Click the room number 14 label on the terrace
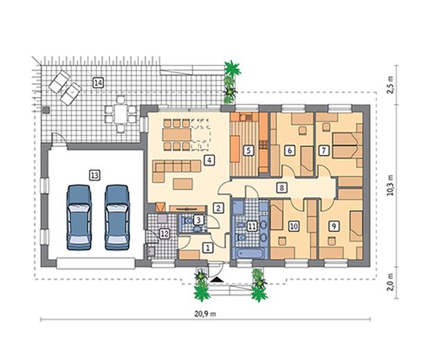pos(98,82)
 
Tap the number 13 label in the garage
pos(94,175)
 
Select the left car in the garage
pos(79,217)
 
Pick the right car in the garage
pos(117,217)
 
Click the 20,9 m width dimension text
pos(205,314)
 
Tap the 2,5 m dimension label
pos(390,84)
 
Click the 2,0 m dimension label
pos(390,282)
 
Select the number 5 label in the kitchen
pos(249,151)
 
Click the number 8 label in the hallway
pos(281,188)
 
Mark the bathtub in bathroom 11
pos(249,253)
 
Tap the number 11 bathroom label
pos(251,226)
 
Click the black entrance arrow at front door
pos(216,280)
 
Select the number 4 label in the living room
pos(209,160)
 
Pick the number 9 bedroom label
pos(334,226)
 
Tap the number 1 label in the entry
pos(208,248)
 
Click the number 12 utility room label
pos(164,234)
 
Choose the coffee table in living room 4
pos(183,184)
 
